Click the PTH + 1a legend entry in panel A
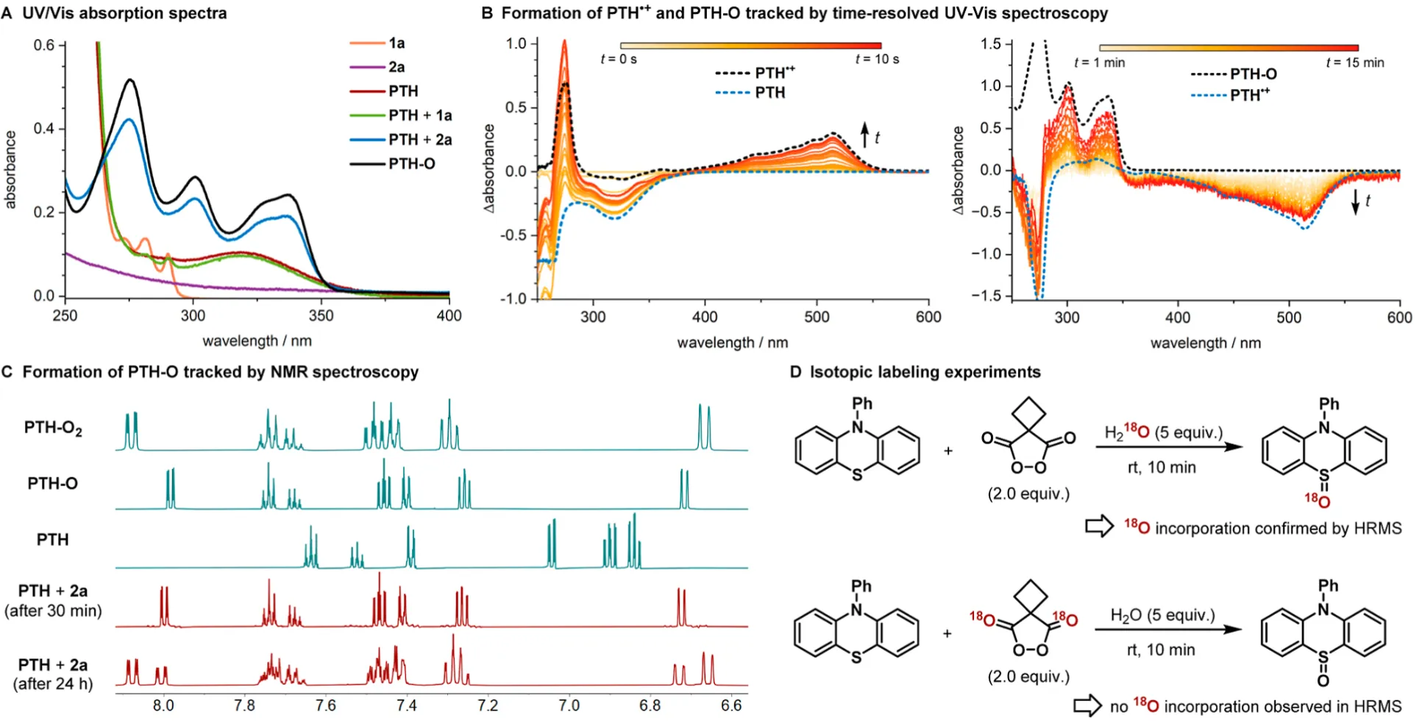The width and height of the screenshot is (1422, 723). pyautogui.click(x=419, y=115)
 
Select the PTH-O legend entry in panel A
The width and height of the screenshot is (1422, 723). pyautogui.click(x=411, y=163)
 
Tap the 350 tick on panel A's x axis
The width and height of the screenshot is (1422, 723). pyautogui.click(x=321, y=316)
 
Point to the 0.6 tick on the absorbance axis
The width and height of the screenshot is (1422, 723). pyautogui.click(x=44, y=46)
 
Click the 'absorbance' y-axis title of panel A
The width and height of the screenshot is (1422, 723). pyautogui.click(x=10, y=170)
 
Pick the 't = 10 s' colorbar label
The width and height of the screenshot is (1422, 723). pyautogui.click(x=877, y=60)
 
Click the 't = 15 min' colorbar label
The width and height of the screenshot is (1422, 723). pyautogui.click(x=1354, y=63)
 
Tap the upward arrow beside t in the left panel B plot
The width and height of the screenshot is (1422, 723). pyautogui.click(x=865, y=134)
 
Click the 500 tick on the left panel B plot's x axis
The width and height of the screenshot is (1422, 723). pyautogui.click(x=817, y=317)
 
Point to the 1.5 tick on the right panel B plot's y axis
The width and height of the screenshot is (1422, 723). pyautogui.click(x=991, y=44)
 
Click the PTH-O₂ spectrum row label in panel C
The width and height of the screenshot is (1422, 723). pyautogui.click(x=53, y=428)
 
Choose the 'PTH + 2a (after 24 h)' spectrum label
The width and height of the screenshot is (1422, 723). pyautogui.click(x=53, y=674)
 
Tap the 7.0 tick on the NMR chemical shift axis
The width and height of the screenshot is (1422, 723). pyautogui.click(x=569, y=706)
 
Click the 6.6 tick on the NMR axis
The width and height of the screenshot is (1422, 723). pyautogui.click(x=731, y=706)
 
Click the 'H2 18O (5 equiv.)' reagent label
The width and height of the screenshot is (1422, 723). pyautogui.click(x=1163, y=432)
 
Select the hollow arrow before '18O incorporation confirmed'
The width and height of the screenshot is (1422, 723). pyautogui.click(x=1099, y=527)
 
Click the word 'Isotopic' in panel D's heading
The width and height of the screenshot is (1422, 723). pyautogui.click(x=839, y=372)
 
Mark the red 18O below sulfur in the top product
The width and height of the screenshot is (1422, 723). pyautogui.click(x=1318, y=501)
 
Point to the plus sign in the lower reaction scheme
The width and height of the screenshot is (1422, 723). pyautogui.click(x=948, y=633)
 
